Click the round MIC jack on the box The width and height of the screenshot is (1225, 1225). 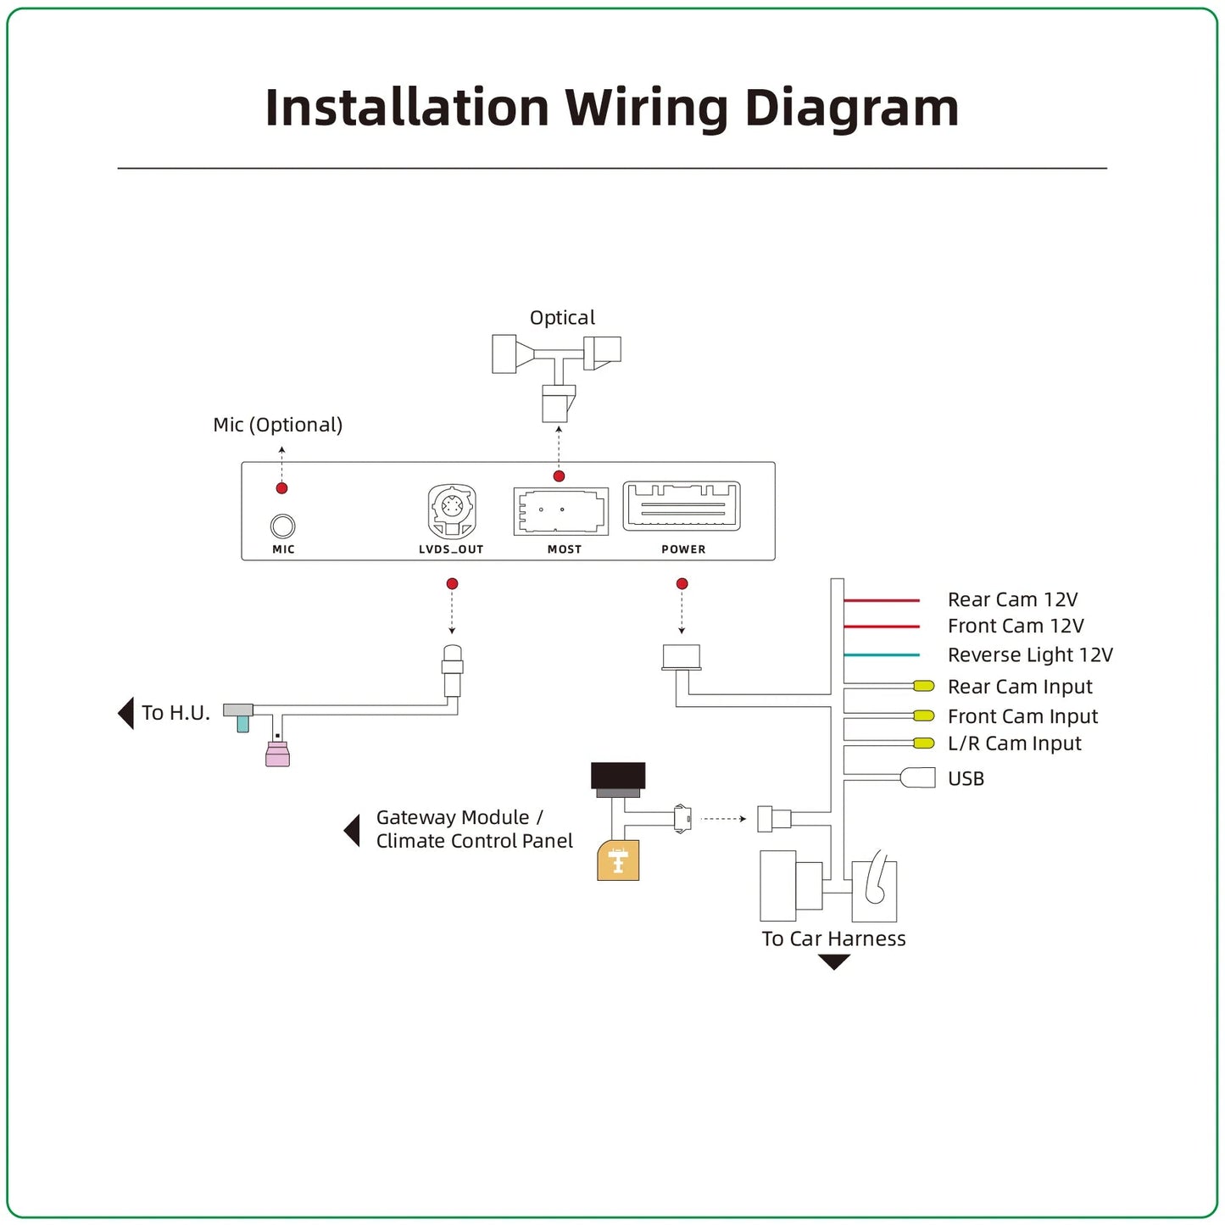pyautogui.click(x=282, y=526)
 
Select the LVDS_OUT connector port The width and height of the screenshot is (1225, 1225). pyautogui.click(x=452, y=510)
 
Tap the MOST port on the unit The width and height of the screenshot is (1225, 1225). pyautogui.click(x=560, y=511)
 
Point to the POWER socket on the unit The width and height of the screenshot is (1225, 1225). pyautogui.click(x=682, y=506)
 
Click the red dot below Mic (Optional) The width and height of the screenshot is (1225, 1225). pyautogui.click(x=281, y=488)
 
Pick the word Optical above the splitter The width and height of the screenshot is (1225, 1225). pyautogui.click(x=562, y=318)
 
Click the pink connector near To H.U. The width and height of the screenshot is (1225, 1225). pyautogui.click(x=277, y=754)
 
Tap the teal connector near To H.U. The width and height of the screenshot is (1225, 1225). pyautogui.click(x=243, y=723)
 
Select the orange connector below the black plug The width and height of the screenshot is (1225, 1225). pyautogui.click(x=618, y=860)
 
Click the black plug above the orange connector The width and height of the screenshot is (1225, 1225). pyautogui.click(x=618, y=776)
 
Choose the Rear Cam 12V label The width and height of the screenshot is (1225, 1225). pyautogui.click(x=1012, y=600)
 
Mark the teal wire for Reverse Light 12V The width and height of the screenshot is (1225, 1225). pyautogui.click(x=882, y=655)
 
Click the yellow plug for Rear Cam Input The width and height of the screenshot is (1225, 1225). pyautogui.click(x=923, y=686)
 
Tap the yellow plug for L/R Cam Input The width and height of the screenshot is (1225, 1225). pyautogui.click(x=923, y=743)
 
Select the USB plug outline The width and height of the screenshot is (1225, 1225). pyautogui.click(x=918, y=777)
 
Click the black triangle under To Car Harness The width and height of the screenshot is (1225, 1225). pyautogui.click(x=834, y=961)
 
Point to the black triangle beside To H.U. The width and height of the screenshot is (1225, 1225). pyautogui.click(x=126, y=713)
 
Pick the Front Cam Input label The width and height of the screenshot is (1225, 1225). pyautogui.click(x=1022, y=717)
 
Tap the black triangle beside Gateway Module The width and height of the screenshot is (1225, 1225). pyautogui.click(x=353, y=830)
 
